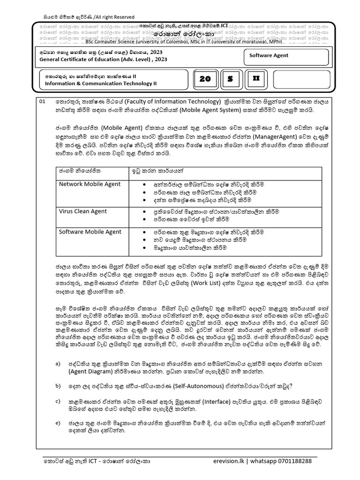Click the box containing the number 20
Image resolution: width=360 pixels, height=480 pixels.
(205, 79)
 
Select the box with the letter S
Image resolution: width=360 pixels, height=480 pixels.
(230, 79)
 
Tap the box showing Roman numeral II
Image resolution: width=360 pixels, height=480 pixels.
(255, 79)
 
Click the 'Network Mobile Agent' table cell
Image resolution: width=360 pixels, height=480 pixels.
(90, 184)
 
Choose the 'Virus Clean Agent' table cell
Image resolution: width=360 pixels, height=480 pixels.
(83, 211)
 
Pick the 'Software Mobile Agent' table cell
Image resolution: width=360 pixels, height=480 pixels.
(90, 232)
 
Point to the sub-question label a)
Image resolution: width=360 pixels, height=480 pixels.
(58, 364)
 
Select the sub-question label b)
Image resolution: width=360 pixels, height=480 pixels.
(58, 386)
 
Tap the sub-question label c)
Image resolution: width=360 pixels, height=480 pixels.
(58, 401)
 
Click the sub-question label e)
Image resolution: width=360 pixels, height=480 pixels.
(58, 423)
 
